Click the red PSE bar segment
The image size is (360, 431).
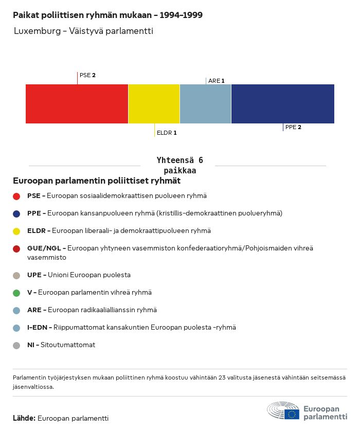(77, 104)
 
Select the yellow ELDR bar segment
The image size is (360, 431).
(154, 104)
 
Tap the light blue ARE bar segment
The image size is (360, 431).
(205, 104)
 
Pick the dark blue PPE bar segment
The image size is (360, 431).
(283, 104)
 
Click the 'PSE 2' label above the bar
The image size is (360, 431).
(87, 75)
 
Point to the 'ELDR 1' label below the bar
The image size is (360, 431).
(167, 133)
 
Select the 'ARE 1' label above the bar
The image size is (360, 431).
(217, 81)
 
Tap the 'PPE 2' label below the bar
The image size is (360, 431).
(293, 127)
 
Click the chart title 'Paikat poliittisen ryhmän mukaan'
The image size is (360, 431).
(82, 15)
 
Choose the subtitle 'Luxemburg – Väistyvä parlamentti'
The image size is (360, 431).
(83, 31)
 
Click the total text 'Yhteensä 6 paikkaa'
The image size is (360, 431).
(179, 165)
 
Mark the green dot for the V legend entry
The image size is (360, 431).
(16, 293)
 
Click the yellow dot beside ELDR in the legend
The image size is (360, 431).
(16, 231)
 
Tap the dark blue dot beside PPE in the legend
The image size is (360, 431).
(16, 214)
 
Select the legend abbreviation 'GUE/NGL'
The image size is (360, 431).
(44, 248)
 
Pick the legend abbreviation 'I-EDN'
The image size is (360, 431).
(37, 328)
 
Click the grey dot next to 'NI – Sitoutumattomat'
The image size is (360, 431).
(16, 346)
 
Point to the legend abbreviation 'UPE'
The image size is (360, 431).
(34, 275)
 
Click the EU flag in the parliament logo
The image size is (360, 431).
(292, 414)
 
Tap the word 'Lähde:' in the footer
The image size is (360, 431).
(24, 418)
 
